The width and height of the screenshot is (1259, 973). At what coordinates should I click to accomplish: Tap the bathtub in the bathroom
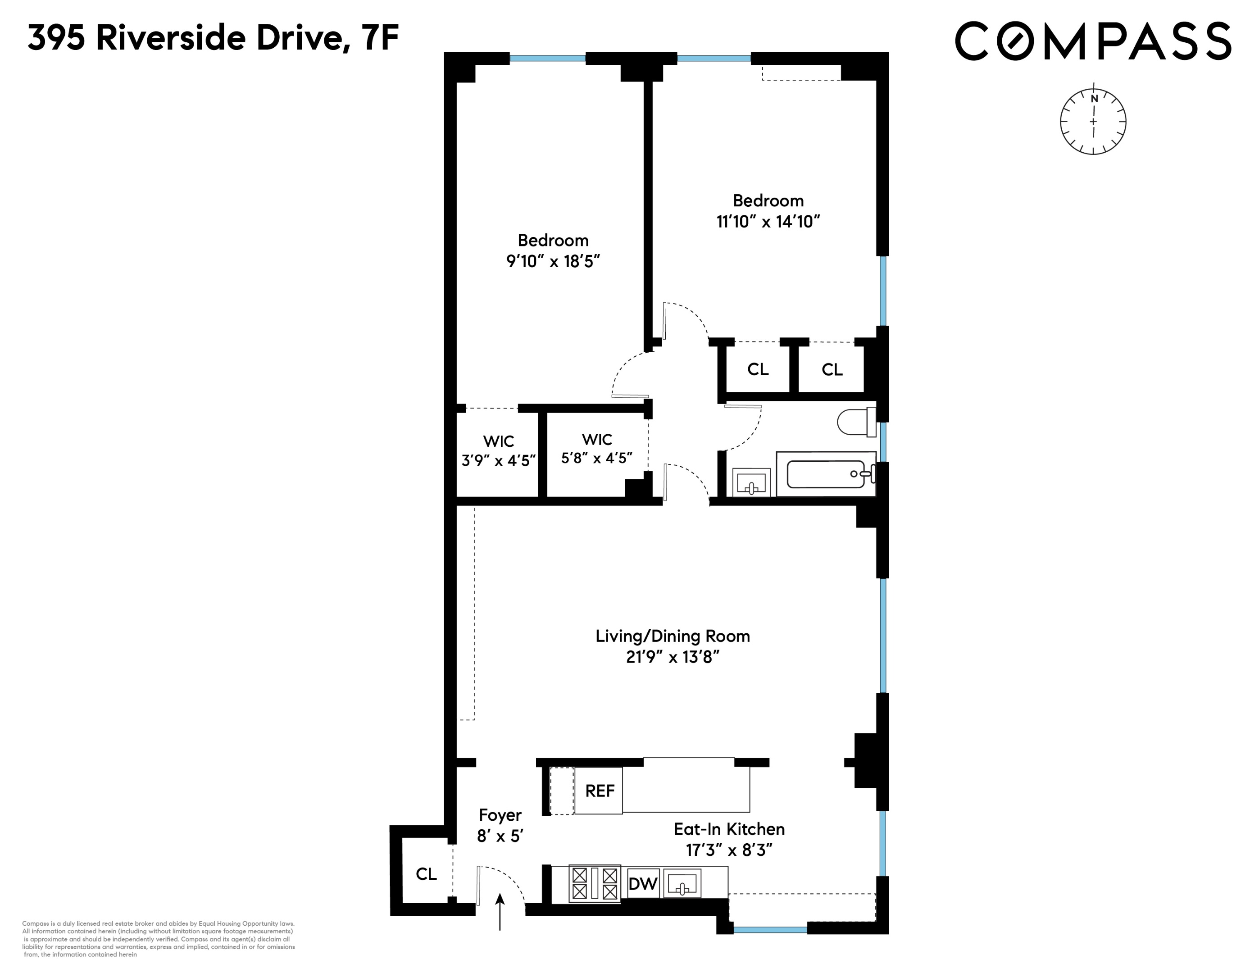(826, 474)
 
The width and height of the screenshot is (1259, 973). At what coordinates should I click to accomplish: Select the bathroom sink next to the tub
(751, 482)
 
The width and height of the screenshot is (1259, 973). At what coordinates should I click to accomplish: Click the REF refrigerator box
(599, 791)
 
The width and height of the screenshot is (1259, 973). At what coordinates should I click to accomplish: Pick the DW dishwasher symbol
(643, 884)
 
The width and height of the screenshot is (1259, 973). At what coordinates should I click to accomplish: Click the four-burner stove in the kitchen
(594, 883)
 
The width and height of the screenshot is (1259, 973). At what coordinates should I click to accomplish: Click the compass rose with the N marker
(1093, 122)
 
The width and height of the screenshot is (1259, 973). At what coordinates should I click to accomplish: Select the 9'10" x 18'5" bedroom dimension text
(553, 261)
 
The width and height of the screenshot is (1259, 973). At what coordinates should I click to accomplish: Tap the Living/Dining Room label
(673, 637)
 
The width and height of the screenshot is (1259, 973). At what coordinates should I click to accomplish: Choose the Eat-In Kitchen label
(729, 829)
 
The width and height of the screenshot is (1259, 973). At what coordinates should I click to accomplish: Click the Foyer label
(500, 815)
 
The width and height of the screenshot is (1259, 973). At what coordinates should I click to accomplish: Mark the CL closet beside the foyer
(426, 874)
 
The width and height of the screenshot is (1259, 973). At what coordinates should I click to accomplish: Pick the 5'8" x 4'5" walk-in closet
(597, 449)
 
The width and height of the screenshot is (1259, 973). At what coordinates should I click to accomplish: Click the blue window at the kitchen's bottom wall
(770, 930)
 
